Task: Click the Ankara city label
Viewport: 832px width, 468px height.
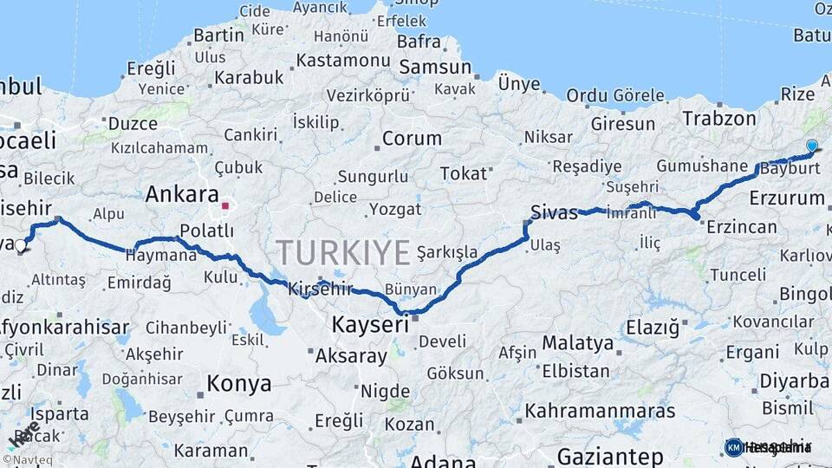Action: pyautogui.click(x=181, y=194)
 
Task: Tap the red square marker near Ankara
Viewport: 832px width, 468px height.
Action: pyautogui.click(x=225, y=206)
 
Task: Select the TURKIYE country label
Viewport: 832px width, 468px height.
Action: pyautogui.click(x=343, y=252)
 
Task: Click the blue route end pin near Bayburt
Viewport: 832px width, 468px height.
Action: pyautogui.click(x=811, y=146)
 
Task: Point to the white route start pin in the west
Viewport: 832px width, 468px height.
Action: pyautogui.click(x=21, y=246)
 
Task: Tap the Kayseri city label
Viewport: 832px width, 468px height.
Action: pyautogui.click(x=370, y=325)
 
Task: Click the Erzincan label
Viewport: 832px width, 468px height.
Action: pyautogui.click(x=741, y=227)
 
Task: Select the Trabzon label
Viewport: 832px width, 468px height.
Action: pyautogui.click(x=719, y=119)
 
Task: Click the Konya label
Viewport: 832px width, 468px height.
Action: pyautogui.click(x=238, y=383)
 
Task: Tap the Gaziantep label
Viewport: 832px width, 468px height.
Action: pyautogui.click(x=610, y=456)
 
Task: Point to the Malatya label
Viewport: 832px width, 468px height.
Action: pyautogui.click(x=577, y=343)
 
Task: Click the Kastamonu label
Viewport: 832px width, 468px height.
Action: pyautogui.click(x=343, y=61)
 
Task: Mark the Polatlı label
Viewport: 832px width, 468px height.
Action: pyautogui.click(x=206, y=231)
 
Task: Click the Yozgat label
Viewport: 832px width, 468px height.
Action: pyautogui.click(x=395, y=210)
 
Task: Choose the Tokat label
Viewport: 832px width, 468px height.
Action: pyautogui.click(x=464, y=173)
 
